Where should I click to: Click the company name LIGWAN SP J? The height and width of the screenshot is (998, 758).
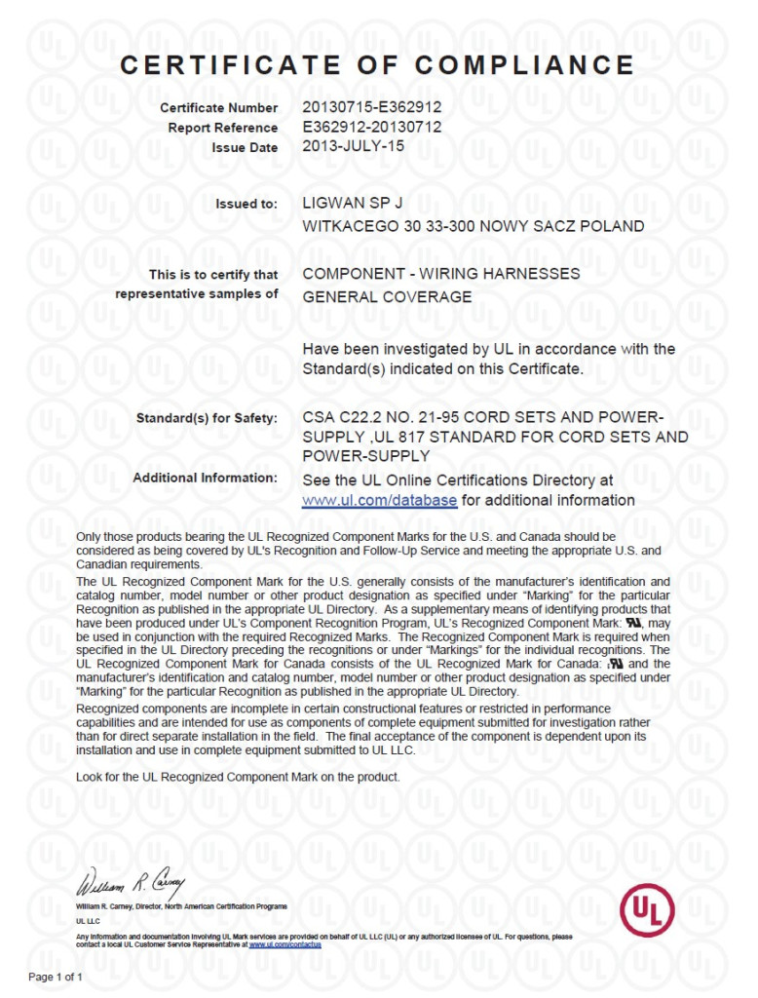tap(352, 204)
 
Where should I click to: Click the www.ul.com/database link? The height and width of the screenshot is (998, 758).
tap(379, 500)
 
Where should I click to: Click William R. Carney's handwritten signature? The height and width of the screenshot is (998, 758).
tap(132, 886)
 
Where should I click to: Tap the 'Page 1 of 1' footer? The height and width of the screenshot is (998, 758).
tap(56, 976)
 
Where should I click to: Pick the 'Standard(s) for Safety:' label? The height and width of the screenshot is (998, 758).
tap(207, 418)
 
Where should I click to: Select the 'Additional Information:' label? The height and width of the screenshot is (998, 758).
tap(205, 478)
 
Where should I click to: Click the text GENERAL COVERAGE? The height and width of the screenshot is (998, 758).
tap(387, 296)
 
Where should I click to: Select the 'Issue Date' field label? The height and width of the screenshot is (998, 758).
tap(245, 147)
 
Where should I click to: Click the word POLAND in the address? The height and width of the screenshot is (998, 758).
tap(611, 226)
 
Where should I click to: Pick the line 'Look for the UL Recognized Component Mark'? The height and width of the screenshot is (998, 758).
tap(238, 777)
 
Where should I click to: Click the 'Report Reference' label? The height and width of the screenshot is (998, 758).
tap(222, 128)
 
